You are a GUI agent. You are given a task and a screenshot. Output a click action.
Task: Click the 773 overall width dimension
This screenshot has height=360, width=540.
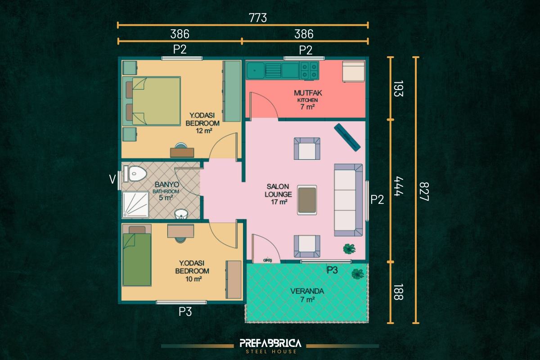tap(258, 18)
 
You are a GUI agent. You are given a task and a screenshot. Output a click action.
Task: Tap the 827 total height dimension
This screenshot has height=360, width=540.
tap(424, 191)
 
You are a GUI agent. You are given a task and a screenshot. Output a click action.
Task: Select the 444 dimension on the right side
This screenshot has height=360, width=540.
tap(398, 186)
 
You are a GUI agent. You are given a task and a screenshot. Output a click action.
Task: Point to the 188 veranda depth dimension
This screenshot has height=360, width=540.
tap(398, 292)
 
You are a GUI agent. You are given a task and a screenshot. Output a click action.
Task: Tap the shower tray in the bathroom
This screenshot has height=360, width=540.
tap(135, 205)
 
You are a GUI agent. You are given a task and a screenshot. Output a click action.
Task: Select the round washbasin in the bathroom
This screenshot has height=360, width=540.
tap(181, 214)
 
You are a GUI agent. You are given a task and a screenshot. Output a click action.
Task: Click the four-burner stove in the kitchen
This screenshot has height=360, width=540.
tap(309, 70)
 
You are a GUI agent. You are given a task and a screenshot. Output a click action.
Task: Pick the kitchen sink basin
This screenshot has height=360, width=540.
tap(256, 70)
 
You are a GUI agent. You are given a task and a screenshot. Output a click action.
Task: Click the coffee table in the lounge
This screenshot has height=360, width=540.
tap(307, 200)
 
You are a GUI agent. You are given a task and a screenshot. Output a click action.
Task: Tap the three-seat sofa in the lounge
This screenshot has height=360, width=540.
tap(348, 200)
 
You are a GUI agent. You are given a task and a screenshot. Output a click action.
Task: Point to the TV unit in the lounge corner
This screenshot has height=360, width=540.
tap(347, 137)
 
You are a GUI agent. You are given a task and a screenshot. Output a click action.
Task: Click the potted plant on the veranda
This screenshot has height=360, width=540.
tap(357, 274)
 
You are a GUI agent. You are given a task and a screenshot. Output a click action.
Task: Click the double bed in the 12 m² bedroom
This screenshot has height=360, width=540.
tap(151, 101)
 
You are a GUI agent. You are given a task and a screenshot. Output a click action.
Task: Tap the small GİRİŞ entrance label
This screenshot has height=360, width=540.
tap(267, 260)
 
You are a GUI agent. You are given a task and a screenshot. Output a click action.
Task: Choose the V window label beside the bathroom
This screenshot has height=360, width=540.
tap(112, 180)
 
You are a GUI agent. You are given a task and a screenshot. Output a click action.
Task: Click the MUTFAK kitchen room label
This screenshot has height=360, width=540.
tap(308, 93)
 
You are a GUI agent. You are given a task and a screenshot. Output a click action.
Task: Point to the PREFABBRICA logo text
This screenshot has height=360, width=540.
tap(270, 343)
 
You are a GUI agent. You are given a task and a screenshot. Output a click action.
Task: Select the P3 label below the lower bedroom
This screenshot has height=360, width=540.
tap(185, 311)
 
